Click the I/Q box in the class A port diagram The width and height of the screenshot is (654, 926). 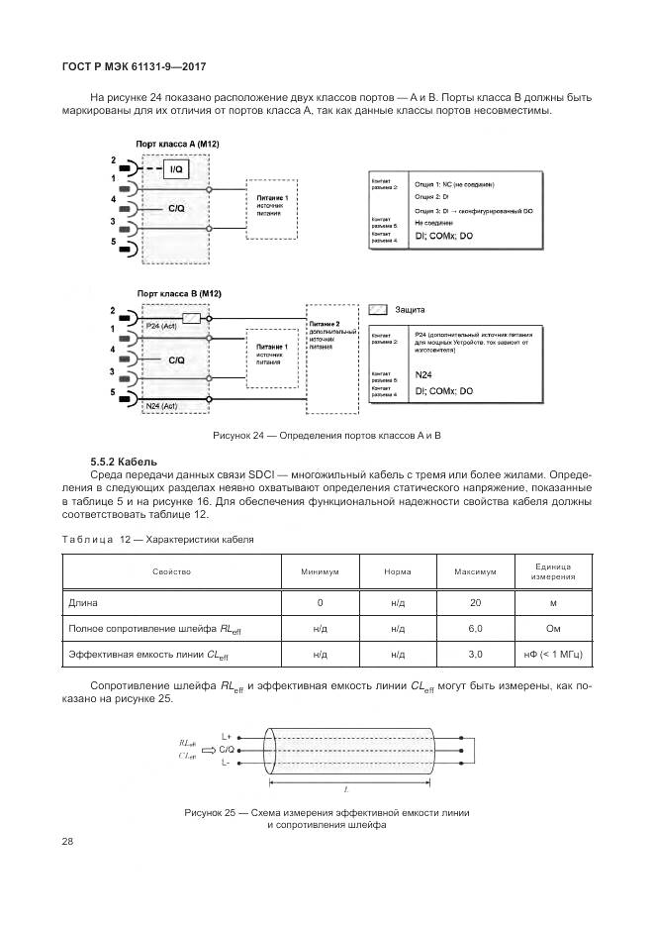(176, 170)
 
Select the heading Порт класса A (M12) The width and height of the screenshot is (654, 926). (178, 145)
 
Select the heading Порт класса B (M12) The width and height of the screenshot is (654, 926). (178, 294)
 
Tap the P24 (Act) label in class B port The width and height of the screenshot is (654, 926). (160, 325)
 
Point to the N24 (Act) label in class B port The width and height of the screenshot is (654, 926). (160, 406)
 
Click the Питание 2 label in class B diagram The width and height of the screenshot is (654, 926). (324, 324)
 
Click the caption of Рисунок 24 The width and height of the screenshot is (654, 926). (327, 436)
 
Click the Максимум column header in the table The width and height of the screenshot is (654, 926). (474, 572)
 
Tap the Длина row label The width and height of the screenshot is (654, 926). (82, 602)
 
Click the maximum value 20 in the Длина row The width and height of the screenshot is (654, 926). (474, 602)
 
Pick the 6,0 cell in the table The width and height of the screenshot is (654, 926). (474, 628)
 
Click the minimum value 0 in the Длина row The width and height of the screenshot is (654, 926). (321, 602)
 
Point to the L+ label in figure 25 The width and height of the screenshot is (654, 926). (227, 736)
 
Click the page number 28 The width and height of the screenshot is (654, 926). (68, 841)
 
